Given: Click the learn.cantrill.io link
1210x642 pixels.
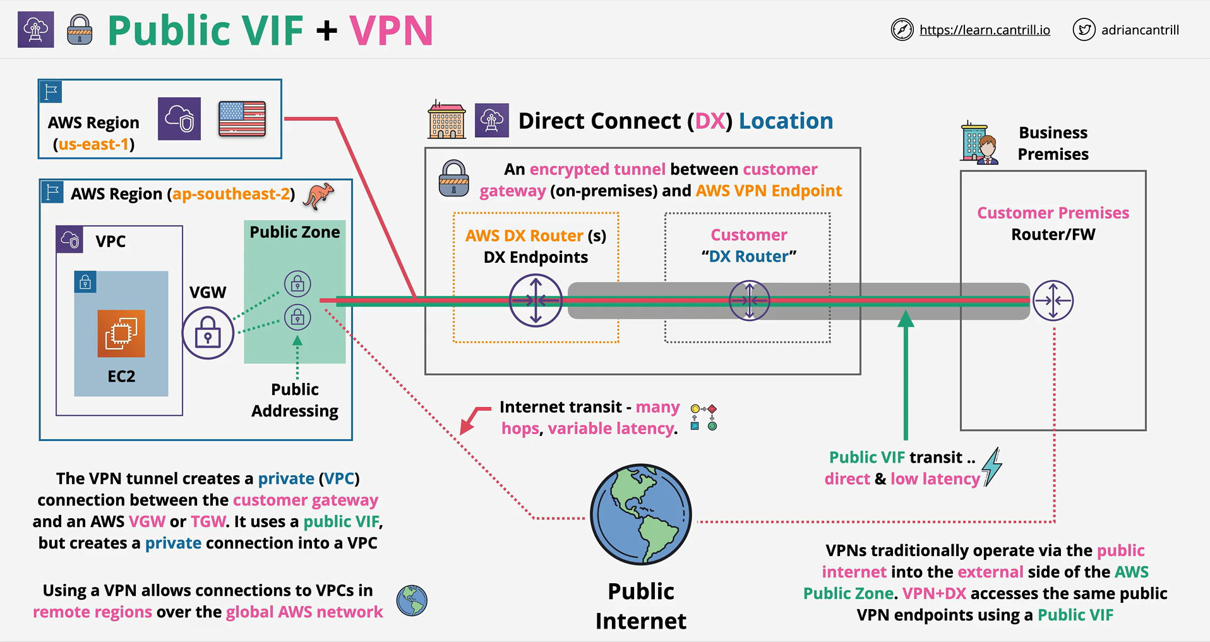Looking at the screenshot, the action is [985, 30].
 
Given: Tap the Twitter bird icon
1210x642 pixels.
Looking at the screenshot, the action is [1084, 30].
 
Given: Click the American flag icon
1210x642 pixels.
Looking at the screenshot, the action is [242, 119].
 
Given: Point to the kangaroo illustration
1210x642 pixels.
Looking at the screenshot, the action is [318, 196].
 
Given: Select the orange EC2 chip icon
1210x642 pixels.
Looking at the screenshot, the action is [121, 333].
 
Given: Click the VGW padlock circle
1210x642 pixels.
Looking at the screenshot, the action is [208, 332].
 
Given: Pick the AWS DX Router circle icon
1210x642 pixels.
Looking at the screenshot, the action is [536, 300].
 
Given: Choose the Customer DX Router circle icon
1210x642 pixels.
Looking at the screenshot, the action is [749, 300].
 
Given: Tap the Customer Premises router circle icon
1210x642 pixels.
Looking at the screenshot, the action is [1053, 300].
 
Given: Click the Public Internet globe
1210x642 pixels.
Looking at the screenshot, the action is [641, 514].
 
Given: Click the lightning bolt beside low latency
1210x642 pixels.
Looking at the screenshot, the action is [992, 467].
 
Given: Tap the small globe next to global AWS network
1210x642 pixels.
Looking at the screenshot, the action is [412, 600].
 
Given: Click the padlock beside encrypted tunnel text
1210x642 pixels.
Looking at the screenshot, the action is [453, 178].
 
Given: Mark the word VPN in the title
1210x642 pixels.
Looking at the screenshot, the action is [391, 30].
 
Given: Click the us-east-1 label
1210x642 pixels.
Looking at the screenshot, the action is [93, 144].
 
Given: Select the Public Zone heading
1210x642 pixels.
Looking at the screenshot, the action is [295, 232].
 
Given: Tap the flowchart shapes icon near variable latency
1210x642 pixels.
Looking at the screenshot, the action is [704, 418].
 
